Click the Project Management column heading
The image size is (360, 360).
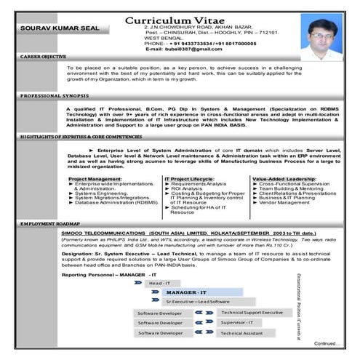coord(96,178)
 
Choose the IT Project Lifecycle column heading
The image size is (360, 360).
coord(189,178)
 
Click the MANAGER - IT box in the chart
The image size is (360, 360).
coord(185,292)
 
